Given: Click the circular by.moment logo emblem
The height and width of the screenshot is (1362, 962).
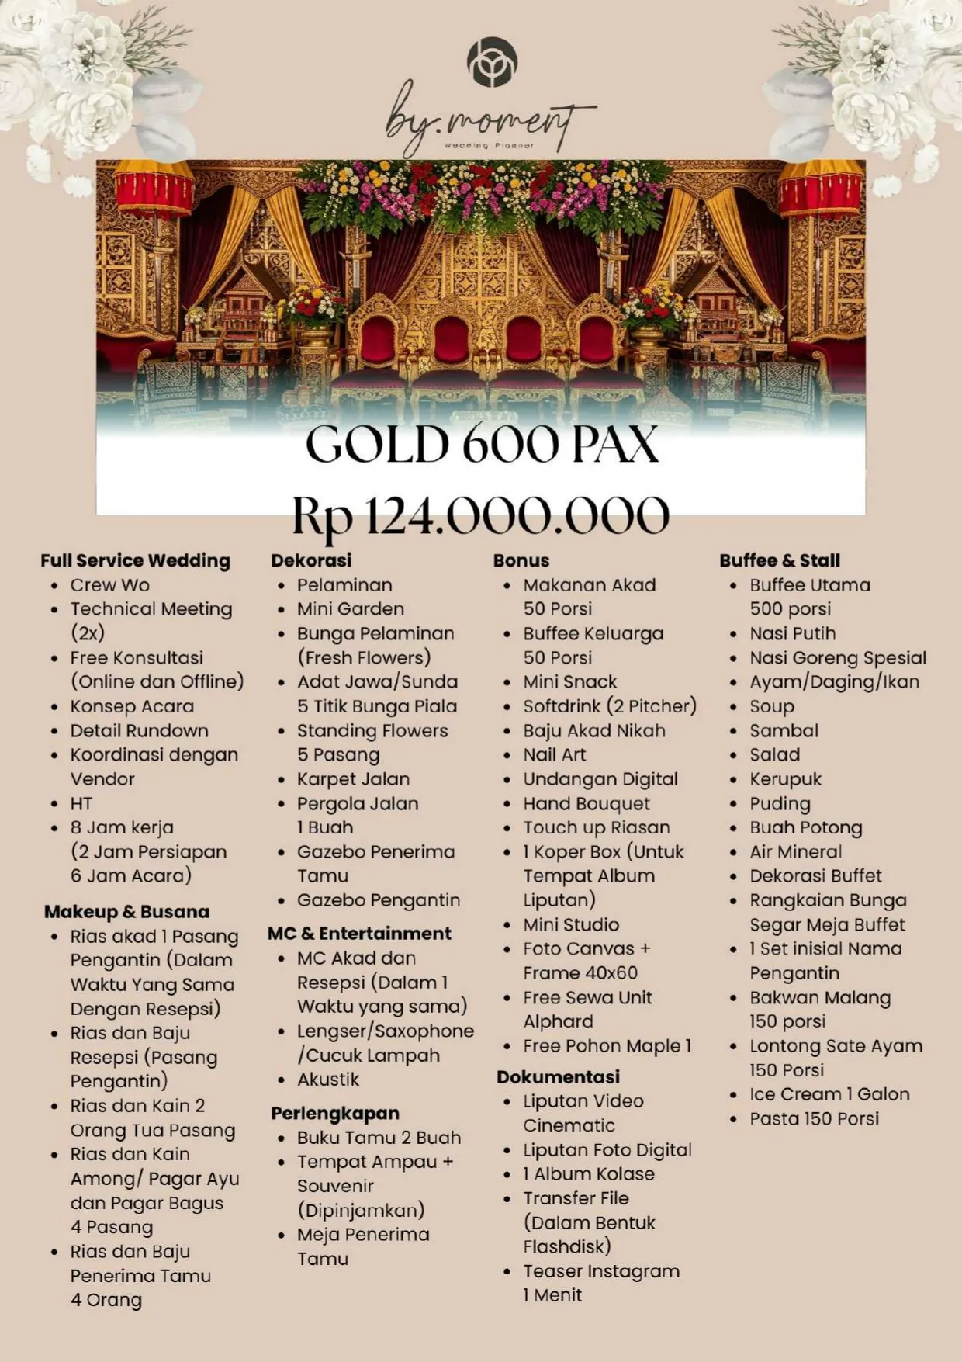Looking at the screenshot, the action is pyautogui.click(x=492, y=62).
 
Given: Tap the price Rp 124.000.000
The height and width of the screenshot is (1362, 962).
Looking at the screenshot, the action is pyautogui.click(x=480, y=515).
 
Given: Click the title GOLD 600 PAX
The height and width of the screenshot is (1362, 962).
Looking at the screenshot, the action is pyautogui.click(x=482, y=444).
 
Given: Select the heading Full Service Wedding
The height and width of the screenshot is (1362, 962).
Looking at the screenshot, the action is pyautogui.click(x=135, y=560).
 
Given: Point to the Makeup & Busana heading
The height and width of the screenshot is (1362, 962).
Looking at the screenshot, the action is pyautogui.click(x=126, y=911).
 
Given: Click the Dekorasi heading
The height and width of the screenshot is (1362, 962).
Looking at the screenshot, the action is pyautogui.click(x=311, y=560).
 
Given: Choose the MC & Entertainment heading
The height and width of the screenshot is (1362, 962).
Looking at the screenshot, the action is pyautogui.click(x=359, y=933).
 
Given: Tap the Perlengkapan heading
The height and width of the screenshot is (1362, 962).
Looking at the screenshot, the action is pyautogui.click(x=335, y=1113).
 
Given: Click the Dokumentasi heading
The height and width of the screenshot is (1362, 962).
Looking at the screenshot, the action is pyautogui.click(x=558, y=1076).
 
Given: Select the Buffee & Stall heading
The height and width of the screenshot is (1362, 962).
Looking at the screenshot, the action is pyautogui.click(x=779, y=560).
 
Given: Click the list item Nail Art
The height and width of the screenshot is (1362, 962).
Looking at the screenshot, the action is pyautogui.click(x=554, y=754).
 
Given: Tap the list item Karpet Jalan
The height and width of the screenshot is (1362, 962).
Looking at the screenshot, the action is pyautogui.click(x=353, y=779).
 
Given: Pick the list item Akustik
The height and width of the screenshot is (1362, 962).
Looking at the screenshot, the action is pyautogui.click(x=328, y=1079).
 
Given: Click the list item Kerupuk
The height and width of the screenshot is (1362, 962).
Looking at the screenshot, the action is pyautogui.click(x=785, y=779).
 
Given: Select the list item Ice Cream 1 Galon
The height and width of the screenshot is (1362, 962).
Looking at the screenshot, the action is pyautogui.click(x=829, y=1094).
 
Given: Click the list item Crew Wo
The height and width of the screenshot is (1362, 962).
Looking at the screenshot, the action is pyautogui.click(x=109, y=585).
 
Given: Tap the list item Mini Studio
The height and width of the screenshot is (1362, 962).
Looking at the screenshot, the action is pyautogui.click(x=571, y=924).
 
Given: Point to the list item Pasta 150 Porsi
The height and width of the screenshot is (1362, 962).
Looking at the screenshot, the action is pyautogui.click(x=814, y=1118).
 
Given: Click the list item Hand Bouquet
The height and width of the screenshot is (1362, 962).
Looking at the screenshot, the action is pyautogui.click(x=587, y=803).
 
